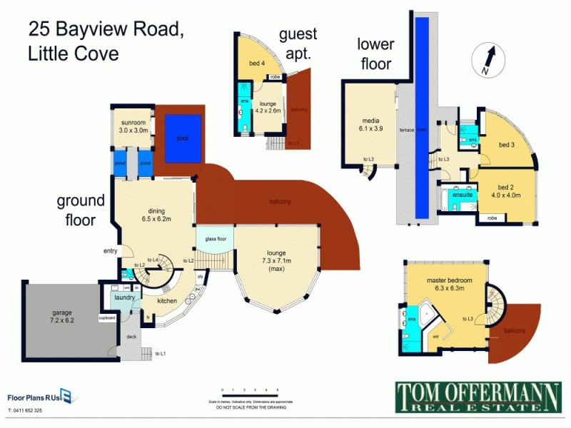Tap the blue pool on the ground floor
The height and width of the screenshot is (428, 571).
coord(184,138)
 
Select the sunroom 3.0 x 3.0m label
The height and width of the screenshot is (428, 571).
coord(133,126)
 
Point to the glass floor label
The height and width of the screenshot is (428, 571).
coord(216,239)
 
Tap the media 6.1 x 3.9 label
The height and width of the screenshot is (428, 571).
coord(370,125)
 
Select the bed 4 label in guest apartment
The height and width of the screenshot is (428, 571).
coord(258,63)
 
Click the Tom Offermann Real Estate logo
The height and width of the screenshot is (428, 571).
coord(468,397)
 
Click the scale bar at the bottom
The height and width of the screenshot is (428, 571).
coord(250,394)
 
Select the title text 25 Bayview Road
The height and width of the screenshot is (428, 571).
coord(106,29)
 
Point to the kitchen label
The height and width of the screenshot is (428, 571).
coord(167,301)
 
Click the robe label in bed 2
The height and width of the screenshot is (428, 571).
coord(492,218)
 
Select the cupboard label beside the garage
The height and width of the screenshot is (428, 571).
coord(107,317)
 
